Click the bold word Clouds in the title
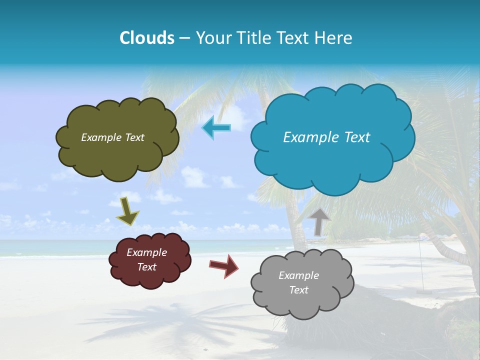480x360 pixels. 146,38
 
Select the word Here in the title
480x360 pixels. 334,38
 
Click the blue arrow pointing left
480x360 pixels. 216,128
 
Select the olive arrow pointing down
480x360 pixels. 127,211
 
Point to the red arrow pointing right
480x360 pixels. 224,265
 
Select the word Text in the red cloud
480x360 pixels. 147,267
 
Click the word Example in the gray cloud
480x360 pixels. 298,275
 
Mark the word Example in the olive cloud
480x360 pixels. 101,137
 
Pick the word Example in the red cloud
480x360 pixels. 147,252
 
